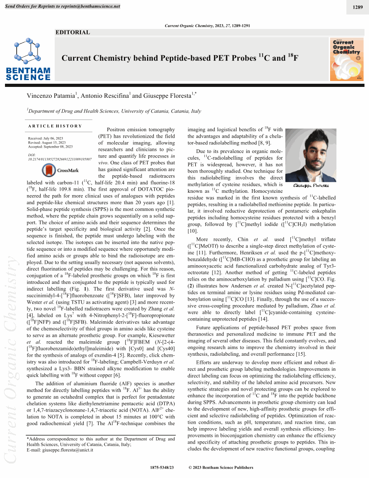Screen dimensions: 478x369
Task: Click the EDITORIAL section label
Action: (x=73, y=33)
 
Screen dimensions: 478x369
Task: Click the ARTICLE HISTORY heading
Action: (x=55, y=126)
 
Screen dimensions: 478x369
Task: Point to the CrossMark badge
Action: (x=60, y=170)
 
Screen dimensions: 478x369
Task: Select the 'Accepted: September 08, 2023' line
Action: (x=50, y=147)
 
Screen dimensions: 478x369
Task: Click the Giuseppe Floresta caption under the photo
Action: (x=311, y=185)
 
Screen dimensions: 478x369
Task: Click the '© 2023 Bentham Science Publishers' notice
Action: (x=220, y=467)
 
